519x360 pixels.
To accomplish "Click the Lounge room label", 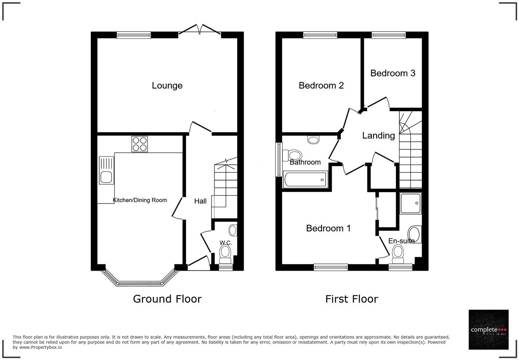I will [x=167, y=86].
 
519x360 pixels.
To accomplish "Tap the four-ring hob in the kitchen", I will [x=139, y=144].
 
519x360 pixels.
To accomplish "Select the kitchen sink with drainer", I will [x=106, y=170].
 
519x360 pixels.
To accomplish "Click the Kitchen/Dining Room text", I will [x=140, y=200].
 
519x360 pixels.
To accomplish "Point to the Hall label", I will [x=200, y=201].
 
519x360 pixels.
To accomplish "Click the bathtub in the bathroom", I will [x=305, y=180].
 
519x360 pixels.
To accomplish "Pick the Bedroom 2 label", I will [x=321, y=86].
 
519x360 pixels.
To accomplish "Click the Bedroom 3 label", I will [x=393, y=73].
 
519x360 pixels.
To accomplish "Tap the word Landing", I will [x=378, y=136].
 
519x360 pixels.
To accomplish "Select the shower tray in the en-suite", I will [x=411, y=203].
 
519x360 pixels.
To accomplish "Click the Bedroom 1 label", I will [x=328, y=228].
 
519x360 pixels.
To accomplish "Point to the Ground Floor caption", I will [x=167, y=299].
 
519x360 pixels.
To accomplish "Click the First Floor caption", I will [x=351, y=299].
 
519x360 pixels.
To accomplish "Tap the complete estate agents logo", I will [x=488, y=330].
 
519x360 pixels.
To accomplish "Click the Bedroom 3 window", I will [x=389, y=35].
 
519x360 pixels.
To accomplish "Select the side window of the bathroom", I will [x=278, y=160].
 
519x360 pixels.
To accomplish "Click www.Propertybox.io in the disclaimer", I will [x=41, y=347].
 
